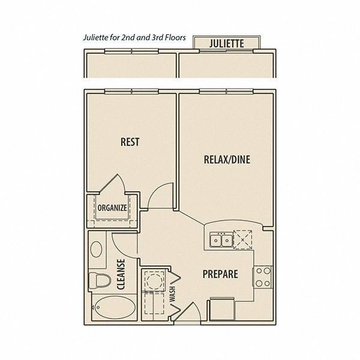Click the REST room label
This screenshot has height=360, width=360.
click(130, 142)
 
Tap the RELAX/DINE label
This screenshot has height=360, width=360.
click(227, 160)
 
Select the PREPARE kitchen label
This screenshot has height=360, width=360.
click(220, 274)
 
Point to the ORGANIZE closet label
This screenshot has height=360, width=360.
click(112, 208)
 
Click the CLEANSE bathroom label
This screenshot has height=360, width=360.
click(121, 274)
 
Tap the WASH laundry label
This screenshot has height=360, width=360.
click(172, 293)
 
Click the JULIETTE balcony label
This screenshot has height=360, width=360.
click(226, 43)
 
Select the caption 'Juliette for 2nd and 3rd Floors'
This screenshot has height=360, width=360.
click(134, 37)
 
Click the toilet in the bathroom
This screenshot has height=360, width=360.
click(100, 280)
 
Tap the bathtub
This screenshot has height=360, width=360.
click(115, 307)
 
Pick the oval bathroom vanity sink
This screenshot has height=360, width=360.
click(96, 249)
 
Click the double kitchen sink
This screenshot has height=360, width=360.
click(221, 240)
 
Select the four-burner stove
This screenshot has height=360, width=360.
click(262, 277)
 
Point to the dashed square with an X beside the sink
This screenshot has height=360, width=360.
click(242, 239)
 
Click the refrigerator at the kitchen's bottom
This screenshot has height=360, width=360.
click(222, 309)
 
